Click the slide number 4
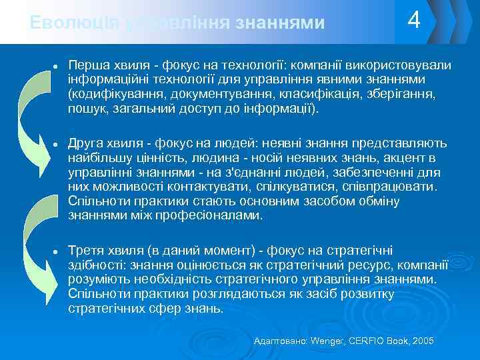pos(414,21)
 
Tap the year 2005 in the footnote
pos(423,341)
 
